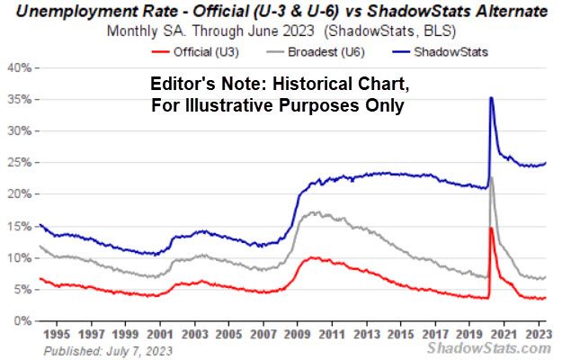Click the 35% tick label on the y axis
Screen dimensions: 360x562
(17, 99)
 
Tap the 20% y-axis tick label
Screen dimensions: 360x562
(17, 194)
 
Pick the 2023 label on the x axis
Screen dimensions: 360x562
(537, 332)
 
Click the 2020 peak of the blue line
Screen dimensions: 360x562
(491, 97)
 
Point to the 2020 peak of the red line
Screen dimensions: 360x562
(491, 229)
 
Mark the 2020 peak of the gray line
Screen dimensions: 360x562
(491, 177)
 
